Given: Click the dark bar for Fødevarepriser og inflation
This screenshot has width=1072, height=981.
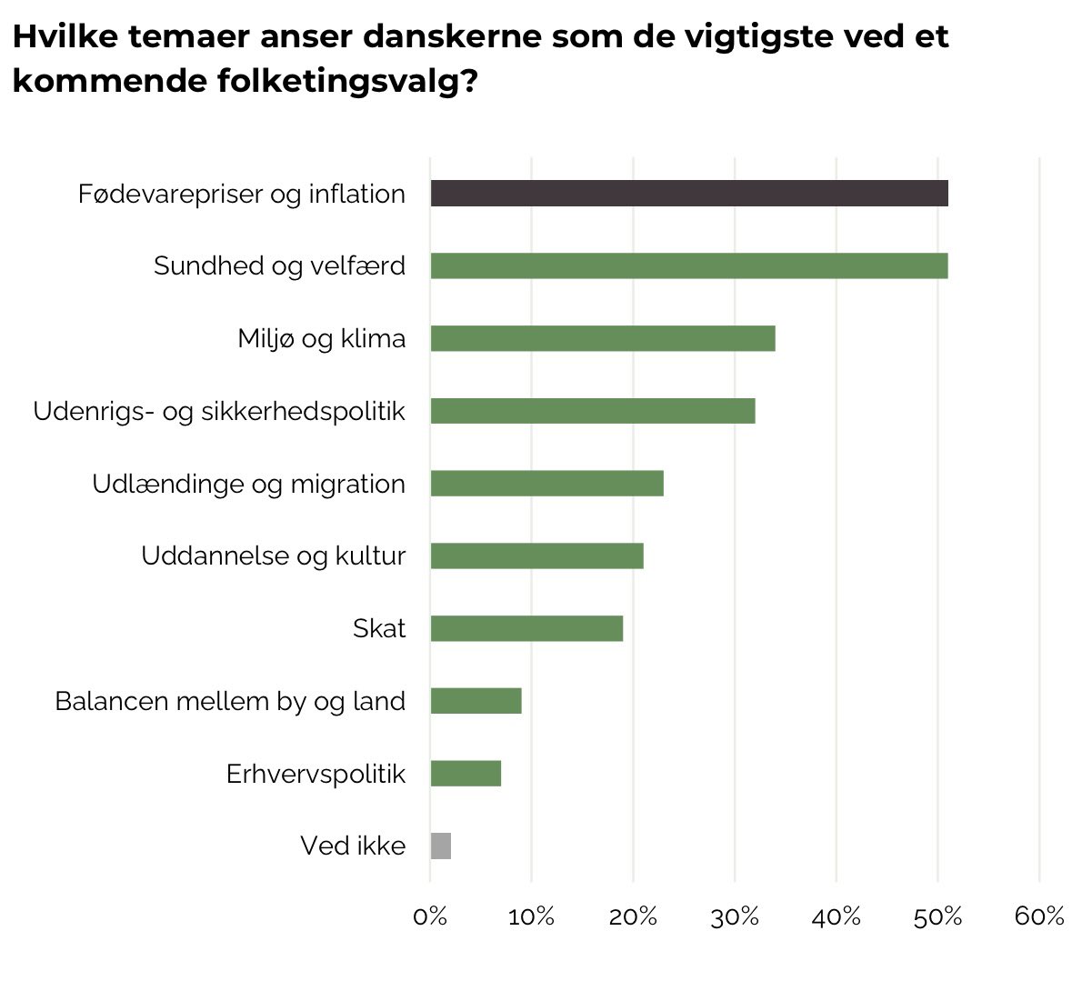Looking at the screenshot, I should tap(688, 194).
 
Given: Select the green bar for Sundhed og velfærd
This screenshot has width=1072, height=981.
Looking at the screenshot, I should tap(688, 265).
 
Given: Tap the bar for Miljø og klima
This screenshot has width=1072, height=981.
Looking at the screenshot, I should tap(602, 338).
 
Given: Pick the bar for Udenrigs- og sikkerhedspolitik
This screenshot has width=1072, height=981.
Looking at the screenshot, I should tap(592, 411).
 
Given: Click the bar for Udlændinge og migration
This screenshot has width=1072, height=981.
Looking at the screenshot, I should tap(546, 484).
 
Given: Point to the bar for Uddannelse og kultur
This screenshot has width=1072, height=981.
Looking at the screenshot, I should tap(536, 556).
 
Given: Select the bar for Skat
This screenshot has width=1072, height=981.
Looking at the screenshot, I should tap(526, 628).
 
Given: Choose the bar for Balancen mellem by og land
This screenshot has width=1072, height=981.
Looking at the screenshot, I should tap(476, 701).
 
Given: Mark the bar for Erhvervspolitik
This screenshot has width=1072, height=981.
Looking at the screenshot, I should tap(466, 774).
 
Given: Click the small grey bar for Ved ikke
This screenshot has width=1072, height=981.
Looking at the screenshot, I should tap(441, 846).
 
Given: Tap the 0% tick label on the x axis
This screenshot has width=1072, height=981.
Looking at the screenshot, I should tap(430, 916).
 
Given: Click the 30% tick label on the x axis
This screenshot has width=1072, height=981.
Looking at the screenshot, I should tap(735, 916).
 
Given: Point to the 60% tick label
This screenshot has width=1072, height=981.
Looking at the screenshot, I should tap(1039, 916).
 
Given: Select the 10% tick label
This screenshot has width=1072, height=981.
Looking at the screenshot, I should tap(532, 916).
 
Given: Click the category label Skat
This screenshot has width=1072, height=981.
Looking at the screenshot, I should tap(379, 628).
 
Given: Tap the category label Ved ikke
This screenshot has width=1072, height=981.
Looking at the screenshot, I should tap(353, 846).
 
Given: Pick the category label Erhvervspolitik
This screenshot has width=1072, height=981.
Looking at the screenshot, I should tap(316, 774).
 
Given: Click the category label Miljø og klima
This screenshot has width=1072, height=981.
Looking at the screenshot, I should tap(322, 338).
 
